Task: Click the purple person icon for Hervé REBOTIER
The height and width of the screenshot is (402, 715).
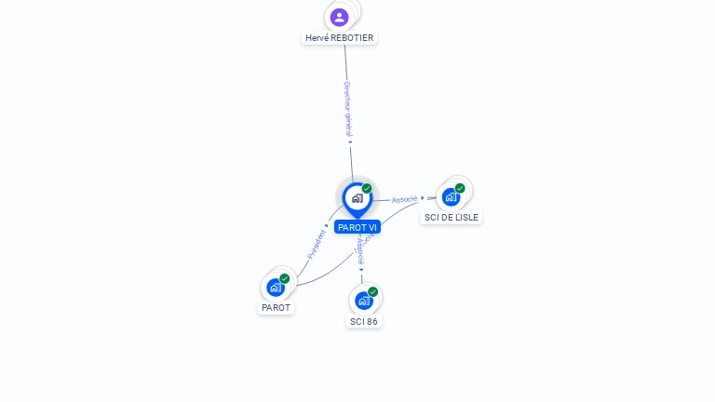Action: point(340,17)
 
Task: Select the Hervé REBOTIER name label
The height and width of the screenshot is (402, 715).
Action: point(340,38)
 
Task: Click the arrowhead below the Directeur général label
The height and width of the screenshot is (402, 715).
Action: point(351,142)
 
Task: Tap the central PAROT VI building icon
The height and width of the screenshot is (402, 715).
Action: point(357,197)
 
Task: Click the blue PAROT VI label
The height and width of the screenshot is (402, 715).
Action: point(357,227)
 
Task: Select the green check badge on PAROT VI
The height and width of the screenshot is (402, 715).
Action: point(367,188)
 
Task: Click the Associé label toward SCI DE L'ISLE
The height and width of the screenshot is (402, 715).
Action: point(404,199)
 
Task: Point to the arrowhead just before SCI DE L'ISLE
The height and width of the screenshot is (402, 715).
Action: point(423,197)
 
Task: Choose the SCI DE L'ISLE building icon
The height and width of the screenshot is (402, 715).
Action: point(452,196)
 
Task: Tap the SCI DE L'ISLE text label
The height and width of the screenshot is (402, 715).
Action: point(452,217)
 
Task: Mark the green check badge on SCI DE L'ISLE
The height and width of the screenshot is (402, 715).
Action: point(460,188)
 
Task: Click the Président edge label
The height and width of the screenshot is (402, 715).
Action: point(317,244)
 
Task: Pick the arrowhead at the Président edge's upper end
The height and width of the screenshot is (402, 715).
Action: point(327,224)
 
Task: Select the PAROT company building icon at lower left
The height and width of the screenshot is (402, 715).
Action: point(276,287)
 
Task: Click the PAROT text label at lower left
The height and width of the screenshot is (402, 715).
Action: point(276,307)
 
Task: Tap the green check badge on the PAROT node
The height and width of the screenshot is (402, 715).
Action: point(285,278)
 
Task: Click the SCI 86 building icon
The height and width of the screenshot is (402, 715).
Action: point(364,300)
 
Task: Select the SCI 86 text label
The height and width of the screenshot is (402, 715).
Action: point(364,321)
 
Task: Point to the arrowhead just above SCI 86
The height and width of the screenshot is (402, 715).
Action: point(362,270)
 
